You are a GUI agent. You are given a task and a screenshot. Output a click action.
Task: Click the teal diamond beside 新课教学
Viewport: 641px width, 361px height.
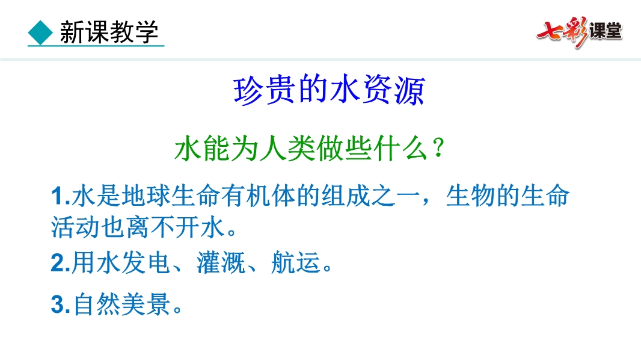pyautogui.click(x=40, y=32)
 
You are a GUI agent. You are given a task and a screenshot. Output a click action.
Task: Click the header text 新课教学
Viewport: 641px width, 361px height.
pyautogui.click(x=109, y=32)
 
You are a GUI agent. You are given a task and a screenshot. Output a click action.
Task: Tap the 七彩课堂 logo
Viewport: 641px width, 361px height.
pyautogui.click(x=579, y=32)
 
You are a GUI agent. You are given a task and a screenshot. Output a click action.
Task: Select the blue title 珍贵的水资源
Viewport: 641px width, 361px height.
pyautogui.click(x=329, y=90)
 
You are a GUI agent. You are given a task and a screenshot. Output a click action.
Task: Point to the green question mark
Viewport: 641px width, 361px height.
pyautogui.click(x=438, y=147)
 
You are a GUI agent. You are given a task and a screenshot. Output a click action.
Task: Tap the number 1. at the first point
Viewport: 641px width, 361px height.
pyautogui.click(x=61, y=196)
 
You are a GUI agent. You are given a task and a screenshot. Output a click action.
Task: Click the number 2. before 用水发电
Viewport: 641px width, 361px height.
pyautogui.click(x=61, y=262)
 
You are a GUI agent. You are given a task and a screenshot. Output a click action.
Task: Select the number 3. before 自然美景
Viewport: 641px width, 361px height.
pyautogui.click(x=61, y=304)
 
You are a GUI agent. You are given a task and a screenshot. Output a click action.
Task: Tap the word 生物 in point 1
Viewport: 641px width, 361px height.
pyautogui.click(x=470, y=196)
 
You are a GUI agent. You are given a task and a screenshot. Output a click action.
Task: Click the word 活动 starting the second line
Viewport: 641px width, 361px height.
pyautogui.click(x=76, y=227)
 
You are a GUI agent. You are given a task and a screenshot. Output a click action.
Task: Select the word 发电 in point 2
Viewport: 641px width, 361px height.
pyautogui.click(x=146, y=262)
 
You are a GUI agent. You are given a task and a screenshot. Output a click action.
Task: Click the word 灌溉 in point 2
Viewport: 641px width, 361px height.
pyautogui.click(x=221, y=262)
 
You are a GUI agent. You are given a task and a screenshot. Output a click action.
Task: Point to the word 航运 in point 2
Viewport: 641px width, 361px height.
pyautogui.click(x=295, y=262)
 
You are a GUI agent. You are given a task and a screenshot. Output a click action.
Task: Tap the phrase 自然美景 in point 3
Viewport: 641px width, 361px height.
pyautogui.click(x=121, y=304)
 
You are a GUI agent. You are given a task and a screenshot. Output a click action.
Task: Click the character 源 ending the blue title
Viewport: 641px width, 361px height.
pyautogui.click(x=409, y=90)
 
